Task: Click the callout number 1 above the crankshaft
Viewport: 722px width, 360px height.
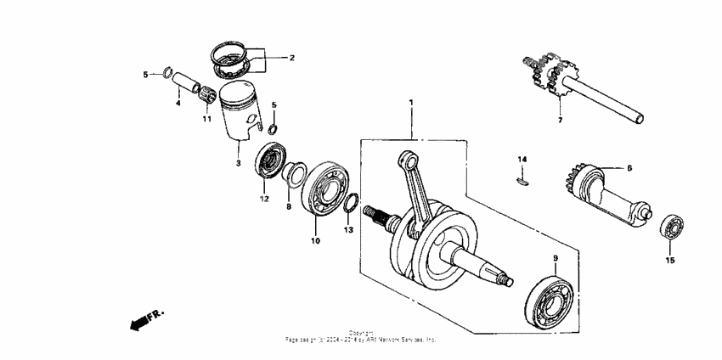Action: [x=411, y=103]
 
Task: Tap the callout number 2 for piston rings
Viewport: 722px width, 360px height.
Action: [x=291, y=59]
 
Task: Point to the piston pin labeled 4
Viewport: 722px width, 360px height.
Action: [x=184, y=85]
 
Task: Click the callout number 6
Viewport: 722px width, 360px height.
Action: [x=629, y=169]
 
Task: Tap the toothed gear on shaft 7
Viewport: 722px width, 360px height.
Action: [x=544, y=76]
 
